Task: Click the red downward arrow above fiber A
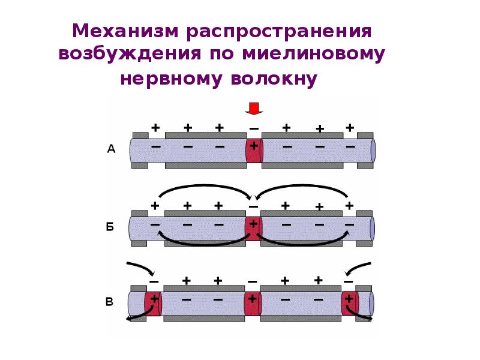pyautogui.click(x=254, y=109)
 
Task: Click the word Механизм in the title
pyautogui.click(x=125, y=31)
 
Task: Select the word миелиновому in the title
pyautogui.click(x=313, y=53)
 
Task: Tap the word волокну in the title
pyautogui.click(x=274, y=79)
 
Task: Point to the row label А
pyautogui.click(x=111, y=149)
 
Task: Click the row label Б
pyautogui.click(x=110, y=227)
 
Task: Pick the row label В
pyautogui.click(x=109, y=302)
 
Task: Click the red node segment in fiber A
pyautogui.click(x=254, y=151)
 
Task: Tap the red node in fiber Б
pyautogui.click(x=253, y=229)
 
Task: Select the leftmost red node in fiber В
pyautogui.click(x=153, y=304)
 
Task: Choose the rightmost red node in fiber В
pyautogui.click(x=350, y=304)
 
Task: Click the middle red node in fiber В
pyautogui.click(x=253, y=304)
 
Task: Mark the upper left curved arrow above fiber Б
pyautogui.click(x=204, y=186)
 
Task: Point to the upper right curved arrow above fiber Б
pyautogui.click(x=302, y=186)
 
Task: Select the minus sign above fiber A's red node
pyautogui.click(x=254, y=129)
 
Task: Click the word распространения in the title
pyautogui.click(x=279, y=32)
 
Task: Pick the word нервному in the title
pyautogui.click(x=171, y=79)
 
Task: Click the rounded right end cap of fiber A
pyautogui.click(x=373, y=151)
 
